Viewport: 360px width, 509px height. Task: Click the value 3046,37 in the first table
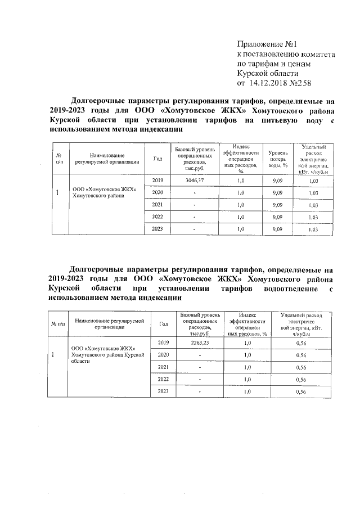(x=195, y=180)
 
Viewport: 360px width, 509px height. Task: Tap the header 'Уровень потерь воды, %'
(x=277, y=159)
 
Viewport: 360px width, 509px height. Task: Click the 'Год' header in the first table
(x=157, y=159)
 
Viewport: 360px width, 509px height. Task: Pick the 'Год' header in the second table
(x=164, y=323)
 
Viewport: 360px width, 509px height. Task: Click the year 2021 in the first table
(x=157, y=205)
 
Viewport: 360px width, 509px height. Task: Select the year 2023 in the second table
(x=164, y=391)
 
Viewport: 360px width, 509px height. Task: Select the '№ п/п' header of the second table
(x=58, y=323)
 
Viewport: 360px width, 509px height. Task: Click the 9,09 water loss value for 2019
(x=277, y=181)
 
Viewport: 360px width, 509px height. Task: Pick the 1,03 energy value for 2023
(x=314, y=230)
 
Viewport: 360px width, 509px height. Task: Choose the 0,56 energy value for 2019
(x=301, y=343)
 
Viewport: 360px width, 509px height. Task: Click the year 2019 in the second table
(x=164, y=343)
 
